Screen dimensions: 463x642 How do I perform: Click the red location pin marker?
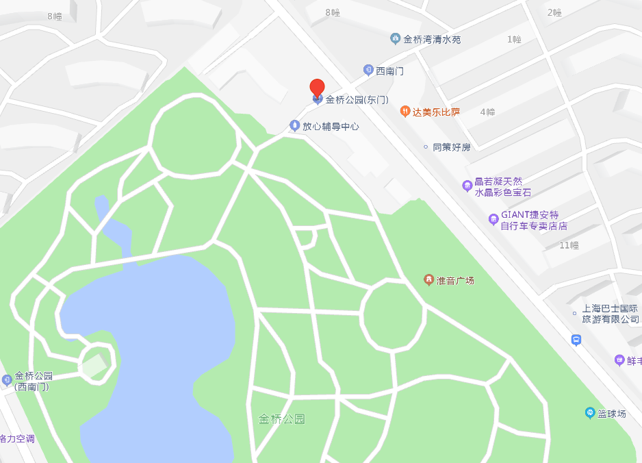coord(317,89)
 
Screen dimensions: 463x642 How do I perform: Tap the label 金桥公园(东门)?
coord(357,100)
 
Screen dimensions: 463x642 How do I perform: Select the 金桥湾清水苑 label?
coord(432,40)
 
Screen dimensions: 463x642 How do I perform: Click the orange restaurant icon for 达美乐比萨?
coord(405,112)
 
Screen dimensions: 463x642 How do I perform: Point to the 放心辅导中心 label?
coord(331,127)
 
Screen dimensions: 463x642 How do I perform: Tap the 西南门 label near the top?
coord(390,71)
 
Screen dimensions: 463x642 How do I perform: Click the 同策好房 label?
coord(452,147)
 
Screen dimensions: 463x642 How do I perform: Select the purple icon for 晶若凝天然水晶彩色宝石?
coord(467,185)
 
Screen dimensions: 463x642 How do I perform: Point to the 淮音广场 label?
coord(455,281)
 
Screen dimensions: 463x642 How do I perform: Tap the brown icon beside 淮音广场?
coord(428,280)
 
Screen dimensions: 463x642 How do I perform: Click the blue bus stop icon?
coord(576,340)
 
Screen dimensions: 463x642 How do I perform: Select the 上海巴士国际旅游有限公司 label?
coord(609,314)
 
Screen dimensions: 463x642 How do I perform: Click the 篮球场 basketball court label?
coord(612,414)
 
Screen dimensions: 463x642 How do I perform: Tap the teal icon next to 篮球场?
coord(589,413)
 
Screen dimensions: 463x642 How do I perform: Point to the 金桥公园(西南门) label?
coord(34,381)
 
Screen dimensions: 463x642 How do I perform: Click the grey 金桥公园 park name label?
coord(281,419)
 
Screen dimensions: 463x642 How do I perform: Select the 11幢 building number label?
coord(569,245)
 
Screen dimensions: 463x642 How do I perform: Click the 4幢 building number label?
coord(487,112)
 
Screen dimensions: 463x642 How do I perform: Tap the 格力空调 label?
coord(16,439)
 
